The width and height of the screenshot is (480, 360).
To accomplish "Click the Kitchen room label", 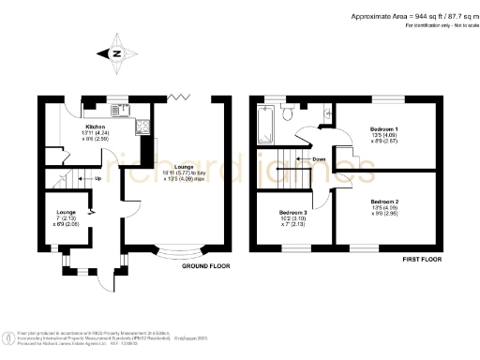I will click(x=96, y=126).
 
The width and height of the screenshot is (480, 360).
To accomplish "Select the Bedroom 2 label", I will click(x=385, y=202).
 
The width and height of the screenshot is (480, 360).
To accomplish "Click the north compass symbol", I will click(x=115, y=53).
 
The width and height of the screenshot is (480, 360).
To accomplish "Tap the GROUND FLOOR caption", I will click(x=206, y=266).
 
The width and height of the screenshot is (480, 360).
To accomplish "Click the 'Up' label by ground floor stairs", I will click(x=98, y=178).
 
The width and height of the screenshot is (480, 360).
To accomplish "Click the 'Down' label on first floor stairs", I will click(x=320, y=159).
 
